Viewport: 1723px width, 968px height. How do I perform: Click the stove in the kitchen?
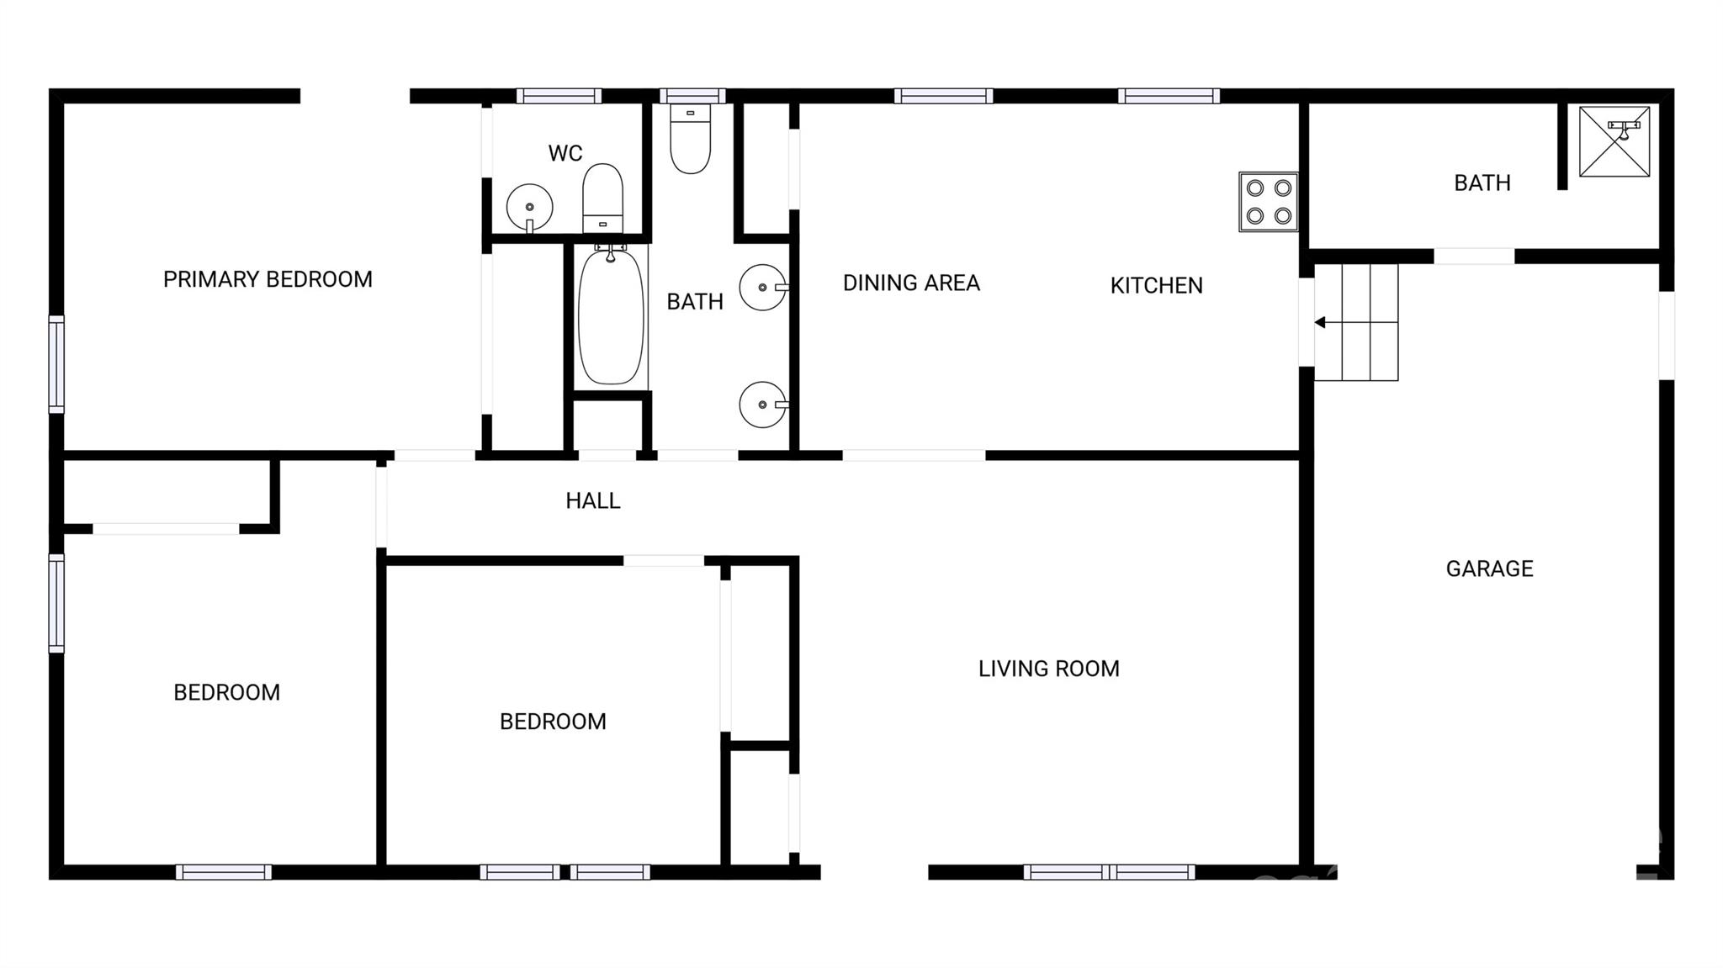click(1268, 202)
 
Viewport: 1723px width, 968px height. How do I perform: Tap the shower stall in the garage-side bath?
click(1614, 141)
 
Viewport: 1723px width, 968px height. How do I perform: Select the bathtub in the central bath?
click(611, 315)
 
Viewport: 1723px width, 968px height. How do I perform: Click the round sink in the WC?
click(529, 207)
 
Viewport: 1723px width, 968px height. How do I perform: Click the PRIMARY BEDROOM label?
click(268, 279)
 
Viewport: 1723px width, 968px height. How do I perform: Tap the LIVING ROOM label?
click(1048, 669)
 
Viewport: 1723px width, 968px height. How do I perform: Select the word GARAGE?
click(1489, 569)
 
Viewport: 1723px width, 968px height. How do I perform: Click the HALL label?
click(593, 501)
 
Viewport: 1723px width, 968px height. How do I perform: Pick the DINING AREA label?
click(911, 283)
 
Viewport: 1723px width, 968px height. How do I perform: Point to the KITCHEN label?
click(1156, 286)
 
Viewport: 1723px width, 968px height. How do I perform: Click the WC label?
click(565, 153)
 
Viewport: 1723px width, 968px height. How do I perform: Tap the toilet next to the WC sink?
click(602, 198)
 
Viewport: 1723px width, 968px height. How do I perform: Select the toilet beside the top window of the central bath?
click(691, 139)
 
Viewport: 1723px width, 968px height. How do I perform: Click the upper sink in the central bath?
click(763, 288)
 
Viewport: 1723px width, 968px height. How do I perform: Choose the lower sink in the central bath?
click(763, 405)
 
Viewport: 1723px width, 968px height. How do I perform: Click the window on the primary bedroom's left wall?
click(56, 364)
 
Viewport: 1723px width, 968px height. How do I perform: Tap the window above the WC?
click(559, 96)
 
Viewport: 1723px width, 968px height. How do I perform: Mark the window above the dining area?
click(943, 96)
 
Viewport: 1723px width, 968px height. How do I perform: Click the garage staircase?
click(1356, 322)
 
